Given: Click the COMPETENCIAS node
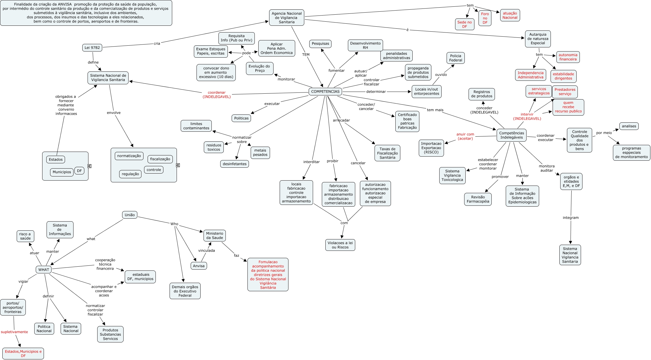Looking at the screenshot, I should [x=325, y=92].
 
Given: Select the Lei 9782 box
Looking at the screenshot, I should [x=92, y=48].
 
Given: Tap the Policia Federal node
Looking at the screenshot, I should [x=455, y=58].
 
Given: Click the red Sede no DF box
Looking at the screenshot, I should [x=464, y=24].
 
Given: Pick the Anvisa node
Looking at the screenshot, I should [x=199, y=266].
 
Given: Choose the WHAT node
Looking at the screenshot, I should [x=44, y=270].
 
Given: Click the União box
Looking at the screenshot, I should [x=129, y=215].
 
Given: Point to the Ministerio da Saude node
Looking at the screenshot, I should [x=214, y=236].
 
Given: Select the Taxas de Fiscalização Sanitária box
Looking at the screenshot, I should [x=387, y=153].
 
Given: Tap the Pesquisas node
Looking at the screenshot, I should [x=320, y=44].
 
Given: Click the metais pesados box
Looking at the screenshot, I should [x=260, y=152].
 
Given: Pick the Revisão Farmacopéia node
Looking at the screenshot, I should [x=478, y=199].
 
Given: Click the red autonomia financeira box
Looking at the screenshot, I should [x=568, y=57].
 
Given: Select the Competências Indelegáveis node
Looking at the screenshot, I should [x=511, y=135].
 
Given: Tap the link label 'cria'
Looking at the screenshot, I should [x=157, y=44].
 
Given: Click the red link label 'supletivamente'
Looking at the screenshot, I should [x=14, y=332].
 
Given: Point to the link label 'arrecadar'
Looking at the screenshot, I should [x=341, y=120].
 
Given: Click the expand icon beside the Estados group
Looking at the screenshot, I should [x=90, y=166].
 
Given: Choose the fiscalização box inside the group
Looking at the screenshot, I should [x=160, y=159].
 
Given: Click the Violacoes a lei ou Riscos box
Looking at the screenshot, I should [x=340, y=245].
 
